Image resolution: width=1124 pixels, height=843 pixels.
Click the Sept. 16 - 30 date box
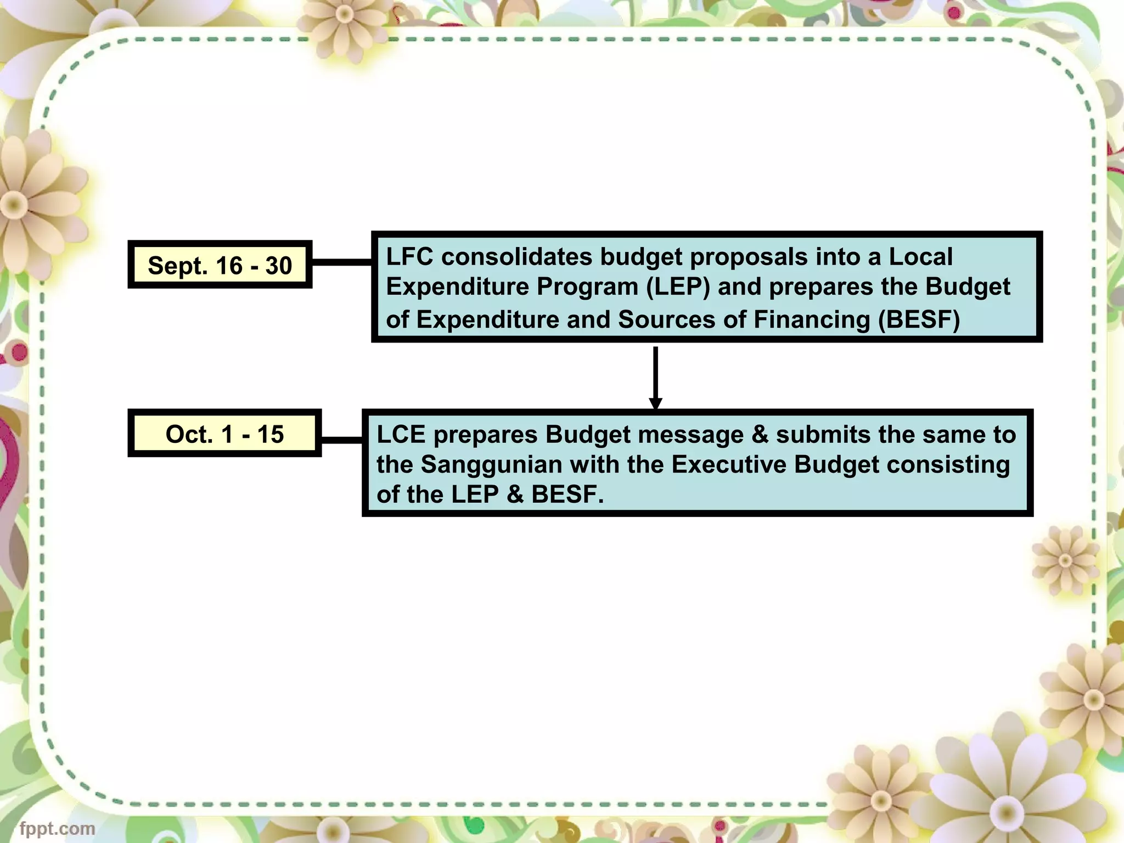coord(220,265)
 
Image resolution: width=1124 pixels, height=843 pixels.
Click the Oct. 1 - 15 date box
coord(224,434)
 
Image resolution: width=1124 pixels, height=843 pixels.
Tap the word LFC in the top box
coord(409,257)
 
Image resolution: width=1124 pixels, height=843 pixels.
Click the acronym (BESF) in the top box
coord(919,319)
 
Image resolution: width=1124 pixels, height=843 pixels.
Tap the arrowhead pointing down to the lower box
coord(655,403)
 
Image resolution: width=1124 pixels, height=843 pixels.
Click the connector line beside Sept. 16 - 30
coord(341,262)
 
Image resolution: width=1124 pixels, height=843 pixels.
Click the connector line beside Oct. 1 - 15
coord(341,440)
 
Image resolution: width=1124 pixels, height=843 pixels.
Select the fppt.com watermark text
coord(57,828)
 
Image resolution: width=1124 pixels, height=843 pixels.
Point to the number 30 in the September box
coord(278,266)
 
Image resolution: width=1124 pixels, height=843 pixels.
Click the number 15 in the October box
coord(270,434)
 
